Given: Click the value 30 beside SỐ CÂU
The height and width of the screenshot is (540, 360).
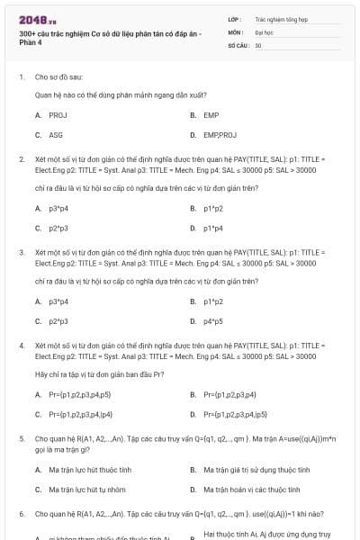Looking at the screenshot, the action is (x=258, y=43).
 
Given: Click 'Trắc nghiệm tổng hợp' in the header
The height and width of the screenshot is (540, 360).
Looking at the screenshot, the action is (x=279, y=18).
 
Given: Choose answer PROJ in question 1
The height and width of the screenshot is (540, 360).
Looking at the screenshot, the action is (x=58, y=115).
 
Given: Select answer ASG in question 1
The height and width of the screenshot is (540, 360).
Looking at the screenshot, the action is (x=56, y=135).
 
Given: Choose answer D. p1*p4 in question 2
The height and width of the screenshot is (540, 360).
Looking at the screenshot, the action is (x=212, y=228).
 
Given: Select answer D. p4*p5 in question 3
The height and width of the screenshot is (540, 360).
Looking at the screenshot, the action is (x=212, y=320).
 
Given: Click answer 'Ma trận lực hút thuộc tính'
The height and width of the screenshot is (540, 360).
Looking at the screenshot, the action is (x=90, y=470).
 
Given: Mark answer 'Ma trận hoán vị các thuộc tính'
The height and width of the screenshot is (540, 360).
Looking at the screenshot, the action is (x=251, y=490).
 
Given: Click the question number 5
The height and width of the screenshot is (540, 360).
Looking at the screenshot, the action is (x=22, y=438).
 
